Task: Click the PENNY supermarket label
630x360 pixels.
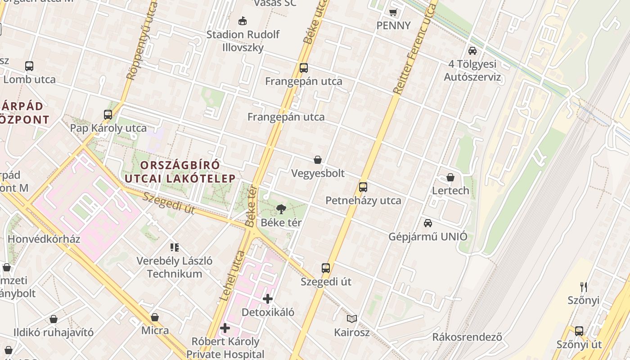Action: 393,26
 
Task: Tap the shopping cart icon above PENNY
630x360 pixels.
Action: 393,12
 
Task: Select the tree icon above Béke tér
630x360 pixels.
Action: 281,209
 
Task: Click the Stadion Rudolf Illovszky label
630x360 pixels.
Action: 243,40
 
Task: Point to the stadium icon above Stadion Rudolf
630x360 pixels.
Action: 243,21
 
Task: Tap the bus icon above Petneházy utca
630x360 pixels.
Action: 363,187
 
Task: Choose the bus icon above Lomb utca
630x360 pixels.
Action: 29,66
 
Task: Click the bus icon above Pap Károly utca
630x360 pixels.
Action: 108,114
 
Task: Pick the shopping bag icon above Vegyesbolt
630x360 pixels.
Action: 318,160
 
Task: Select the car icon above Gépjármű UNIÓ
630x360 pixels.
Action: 428,223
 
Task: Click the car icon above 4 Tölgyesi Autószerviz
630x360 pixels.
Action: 472,51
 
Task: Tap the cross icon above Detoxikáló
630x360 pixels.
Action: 268,298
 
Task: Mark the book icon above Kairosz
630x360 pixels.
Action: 352,319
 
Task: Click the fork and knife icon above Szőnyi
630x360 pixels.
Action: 584,287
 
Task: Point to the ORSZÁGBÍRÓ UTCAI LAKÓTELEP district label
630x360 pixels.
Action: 180,171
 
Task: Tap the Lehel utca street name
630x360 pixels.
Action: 232,276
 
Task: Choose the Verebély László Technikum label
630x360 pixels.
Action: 175,267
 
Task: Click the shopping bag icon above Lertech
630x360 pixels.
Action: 450,177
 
